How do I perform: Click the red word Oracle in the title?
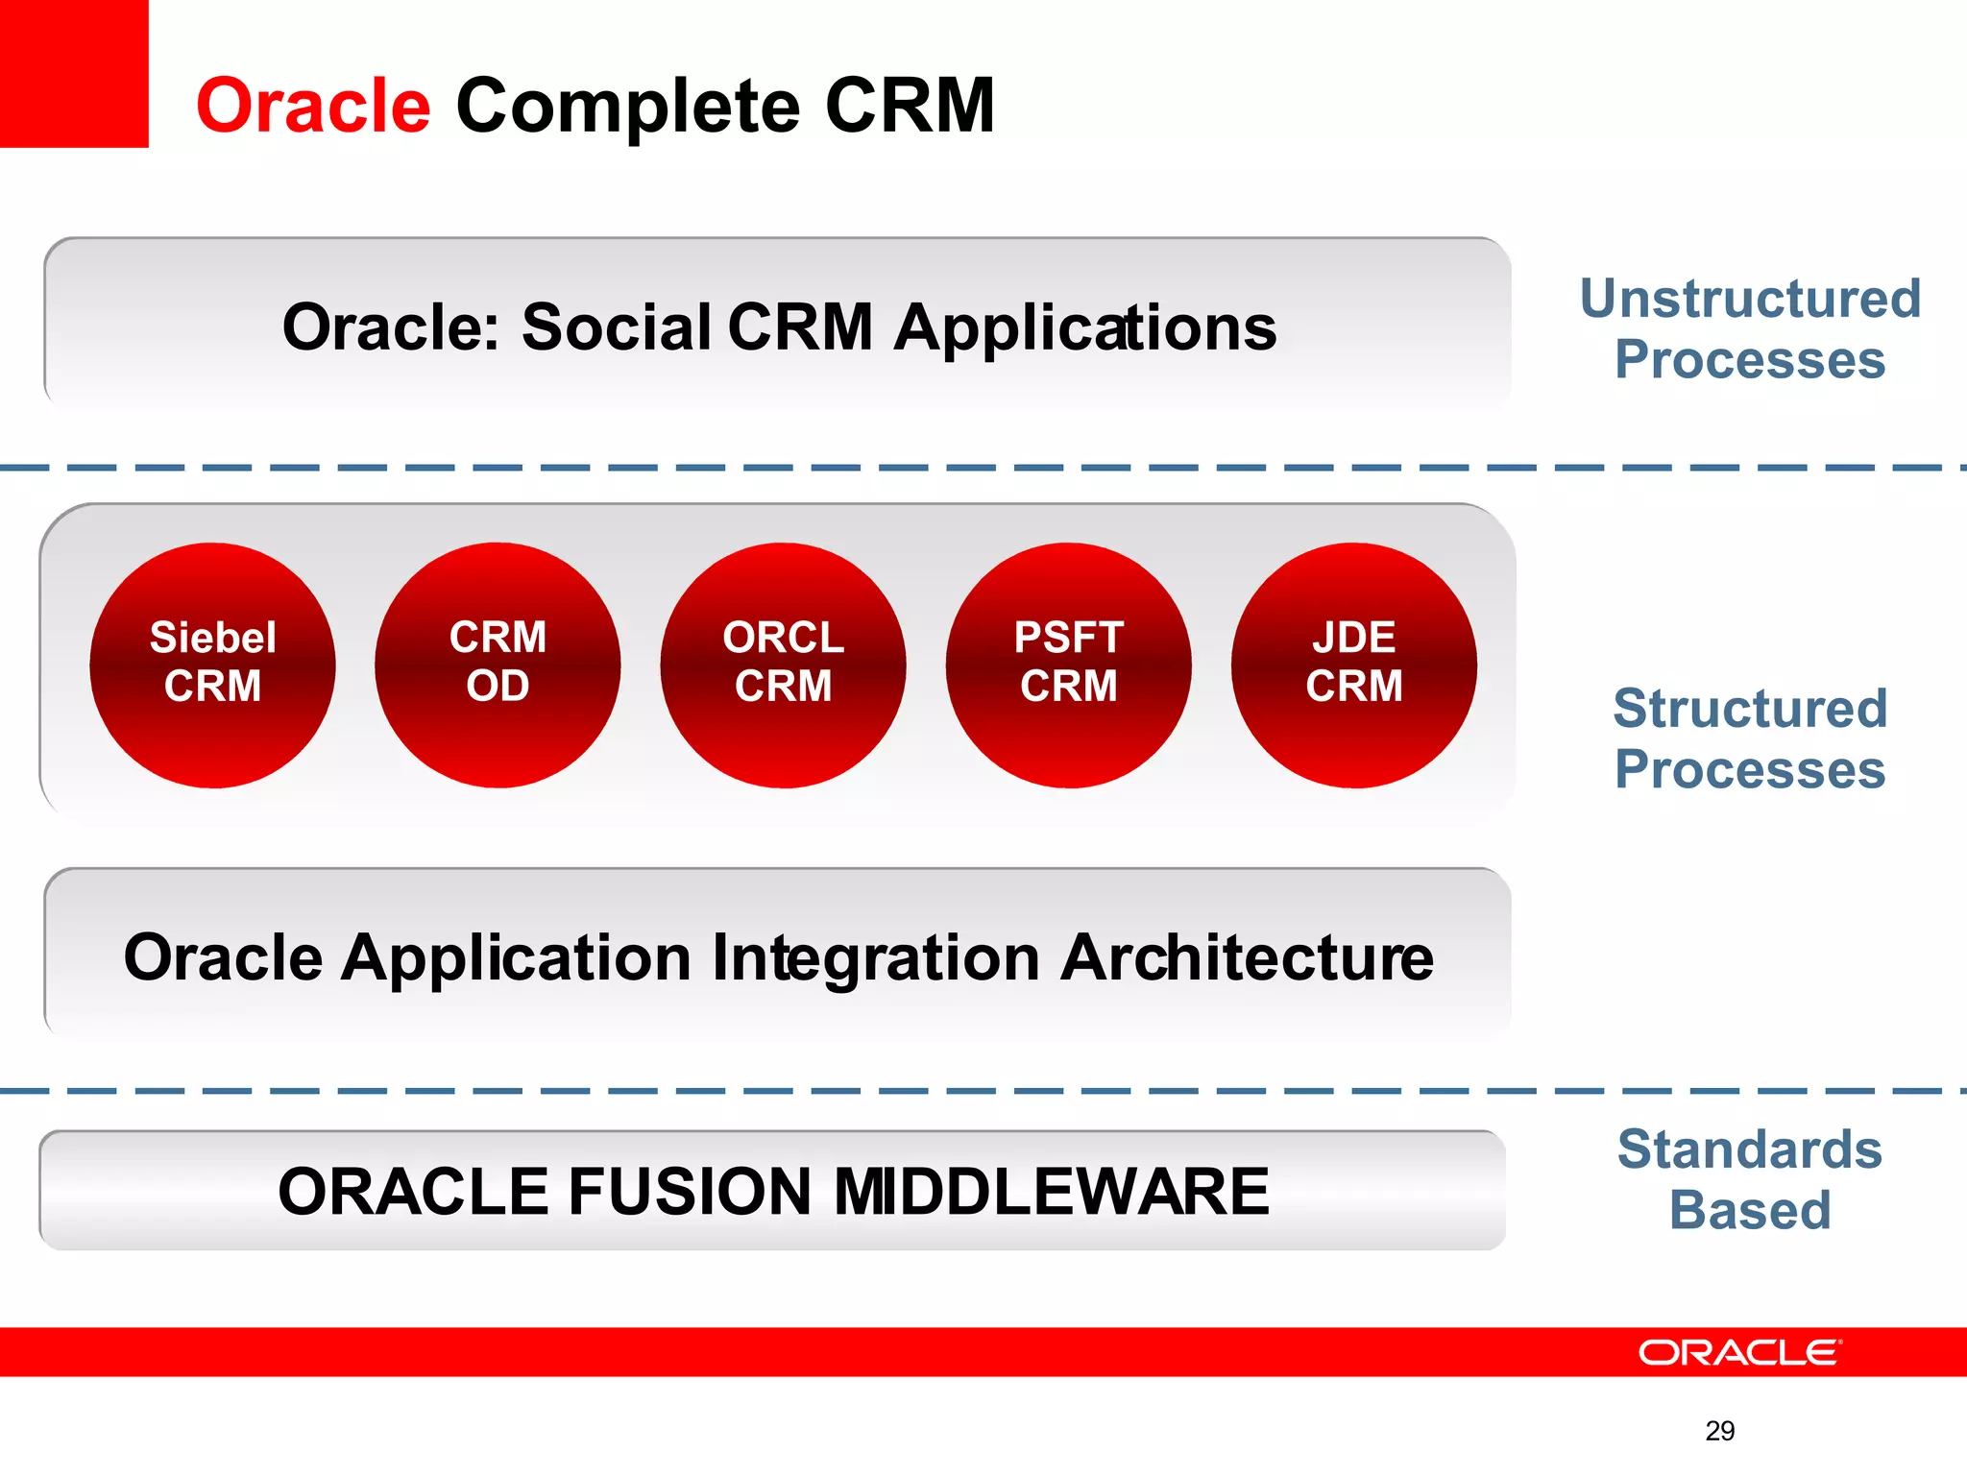pos(313,106)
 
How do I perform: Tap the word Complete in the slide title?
pos(628,108)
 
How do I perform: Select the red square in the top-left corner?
pos(73,73)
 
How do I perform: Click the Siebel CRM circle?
pos(212,665)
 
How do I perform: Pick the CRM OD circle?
pos(498,665)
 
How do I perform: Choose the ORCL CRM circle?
pos(783,665)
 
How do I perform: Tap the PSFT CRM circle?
pos(1068,665)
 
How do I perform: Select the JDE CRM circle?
pos(1353,665)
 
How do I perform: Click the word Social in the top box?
pos(615,327)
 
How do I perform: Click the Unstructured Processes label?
pos(1750,328)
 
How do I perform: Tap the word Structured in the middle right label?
pos(1750,709)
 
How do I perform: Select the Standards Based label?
pos(1750,1179)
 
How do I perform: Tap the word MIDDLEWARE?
pos(1051,1192)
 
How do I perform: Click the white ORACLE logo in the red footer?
pos(1739,1352)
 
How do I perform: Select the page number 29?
pos(1719,1431)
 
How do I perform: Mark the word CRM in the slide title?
pos(910,106)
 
